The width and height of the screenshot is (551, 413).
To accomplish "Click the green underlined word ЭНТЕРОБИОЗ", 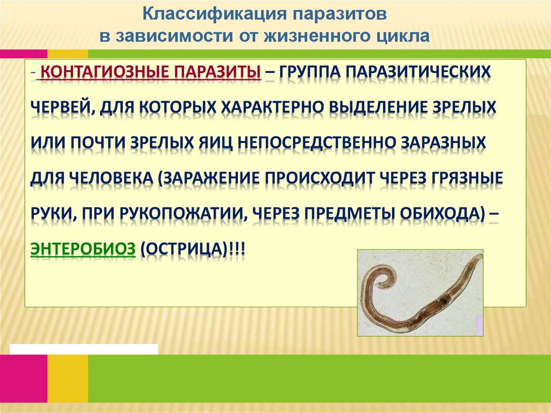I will pos(83,250).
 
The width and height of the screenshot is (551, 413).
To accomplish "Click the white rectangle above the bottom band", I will pos(83,349).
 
